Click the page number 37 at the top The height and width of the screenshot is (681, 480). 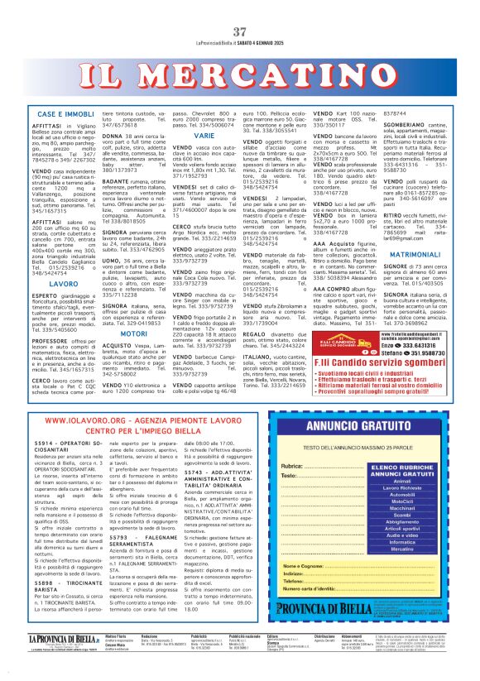(240, 32)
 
